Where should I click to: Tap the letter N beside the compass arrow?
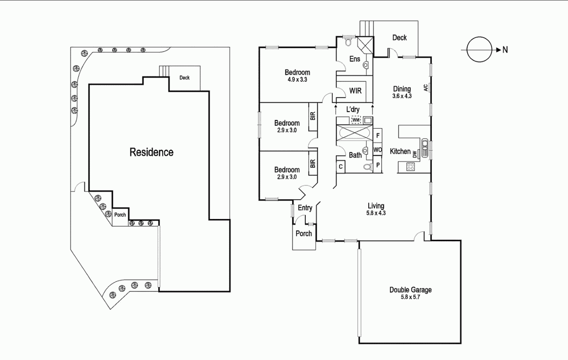point(505,50)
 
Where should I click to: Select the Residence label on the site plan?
point(151,152)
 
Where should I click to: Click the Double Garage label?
point(410,290)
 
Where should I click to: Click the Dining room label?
point(402,88)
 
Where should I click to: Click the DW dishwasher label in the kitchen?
point(415,154)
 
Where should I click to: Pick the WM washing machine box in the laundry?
point(356,121)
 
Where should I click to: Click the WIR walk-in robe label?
point(356,90)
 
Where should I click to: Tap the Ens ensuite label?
point(355,59)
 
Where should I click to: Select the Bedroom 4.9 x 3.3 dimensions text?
point(297,79)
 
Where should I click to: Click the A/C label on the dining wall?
point(426,88)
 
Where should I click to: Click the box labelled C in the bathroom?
point(340,167)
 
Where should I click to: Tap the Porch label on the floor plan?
point(303,233)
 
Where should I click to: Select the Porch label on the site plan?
point(120,215)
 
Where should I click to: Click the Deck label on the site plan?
point(185,78)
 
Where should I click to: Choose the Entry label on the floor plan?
point(305,208)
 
